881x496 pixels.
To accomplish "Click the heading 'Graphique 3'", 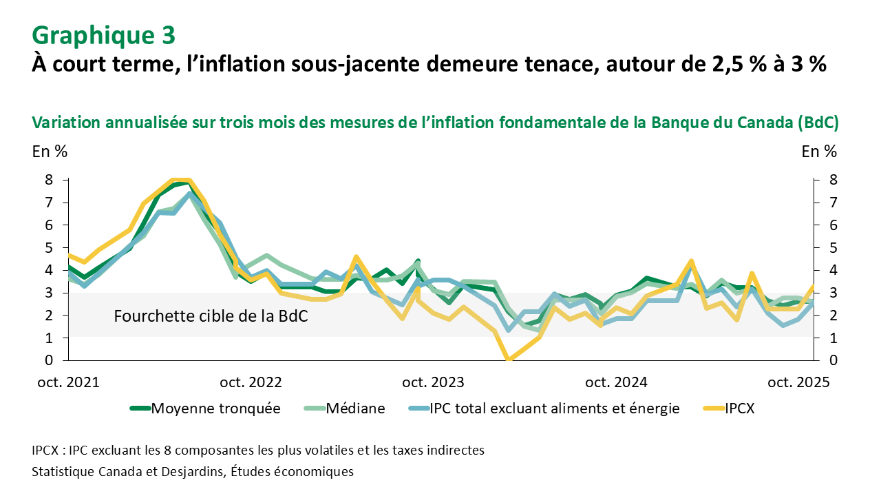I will pyautogui.click(x=103, y=34).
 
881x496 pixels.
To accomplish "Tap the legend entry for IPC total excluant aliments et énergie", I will pyautogui.click(x=554, y=408).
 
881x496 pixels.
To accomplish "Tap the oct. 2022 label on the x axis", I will pyautogui.click(x=250, y=382).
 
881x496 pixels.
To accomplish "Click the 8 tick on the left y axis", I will pyautogui.click(x=48, y=180).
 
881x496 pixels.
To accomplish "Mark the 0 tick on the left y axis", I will pyautogui.click(x=48, y=360).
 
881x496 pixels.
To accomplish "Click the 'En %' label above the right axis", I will pyautogui.click(x=819, y=152).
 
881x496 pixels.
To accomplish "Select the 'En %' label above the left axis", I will pyautogui.click(x=50, y=152).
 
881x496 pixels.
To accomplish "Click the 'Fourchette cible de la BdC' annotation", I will pyautogui.click(x=211, y=317).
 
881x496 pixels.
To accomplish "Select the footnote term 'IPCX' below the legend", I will pyautogui.click(x=46, y=451).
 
